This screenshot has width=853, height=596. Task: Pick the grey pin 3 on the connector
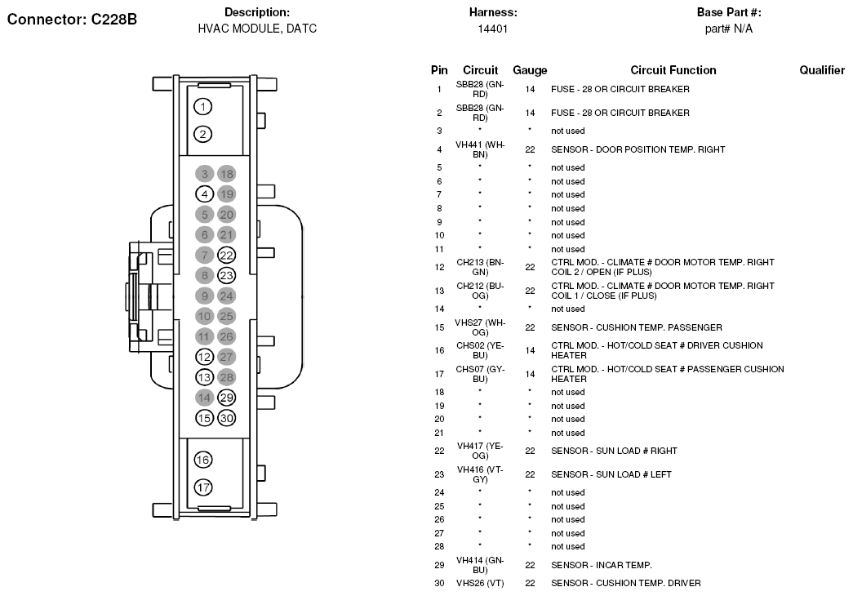pos(205,174)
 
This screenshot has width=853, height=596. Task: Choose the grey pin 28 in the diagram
pos(226,377)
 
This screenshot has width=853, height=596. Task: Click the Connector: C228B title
pos(72,20)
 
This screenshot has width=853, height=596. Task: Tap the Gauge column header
pos(530,70)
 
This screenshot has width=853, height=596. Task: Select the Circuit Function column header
pos(673,70)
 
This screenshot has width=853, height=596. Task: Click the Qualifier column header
pos(822,70)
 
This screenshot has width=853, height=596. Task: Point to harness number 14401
pos(493,29)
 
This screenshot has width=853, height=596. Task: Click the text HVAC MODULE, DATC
pos(257,29)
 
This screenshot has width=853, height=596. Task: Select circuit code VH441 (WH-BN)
pos(480,149)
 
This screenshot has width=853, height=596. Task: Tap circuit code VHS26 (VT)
pos(480,584)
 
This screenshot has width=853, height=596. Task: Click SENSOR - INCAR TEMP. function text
pos(602,565)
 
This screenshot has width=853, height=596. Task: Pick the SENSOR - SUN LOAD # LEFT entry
pos(611,474)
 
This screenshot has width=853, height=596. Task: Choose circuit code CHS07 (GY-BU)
pos(480,374)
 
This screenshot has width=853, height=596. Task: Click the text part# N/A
pos(729,29)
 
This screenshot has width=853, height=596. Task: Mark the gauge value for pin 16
pos(530,350)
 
